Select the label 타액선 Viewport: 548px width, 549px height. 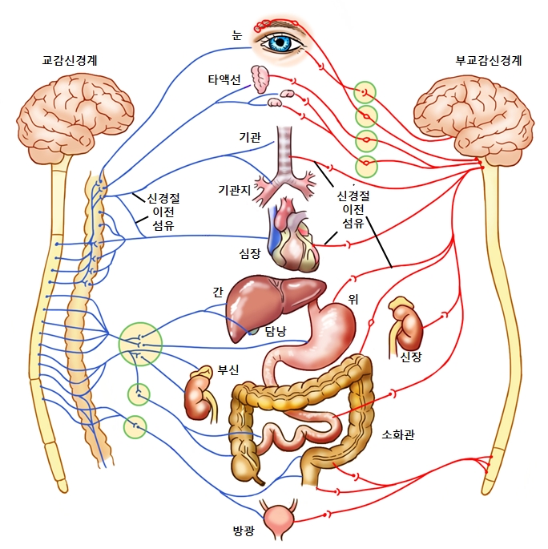(224, 79)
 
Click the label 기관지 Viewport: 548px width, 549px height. (236, 189)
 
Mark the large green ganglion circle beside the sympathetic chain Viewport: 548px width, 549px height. (140, 343)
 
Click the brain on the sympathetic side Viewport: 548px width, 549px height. (75, 116)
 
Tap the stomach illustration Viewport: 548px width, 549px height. (328, 325)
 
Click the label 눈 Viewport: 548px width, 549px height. (236, 34)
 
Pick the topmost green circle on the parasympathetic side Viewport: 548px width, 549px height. (365, 92)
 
